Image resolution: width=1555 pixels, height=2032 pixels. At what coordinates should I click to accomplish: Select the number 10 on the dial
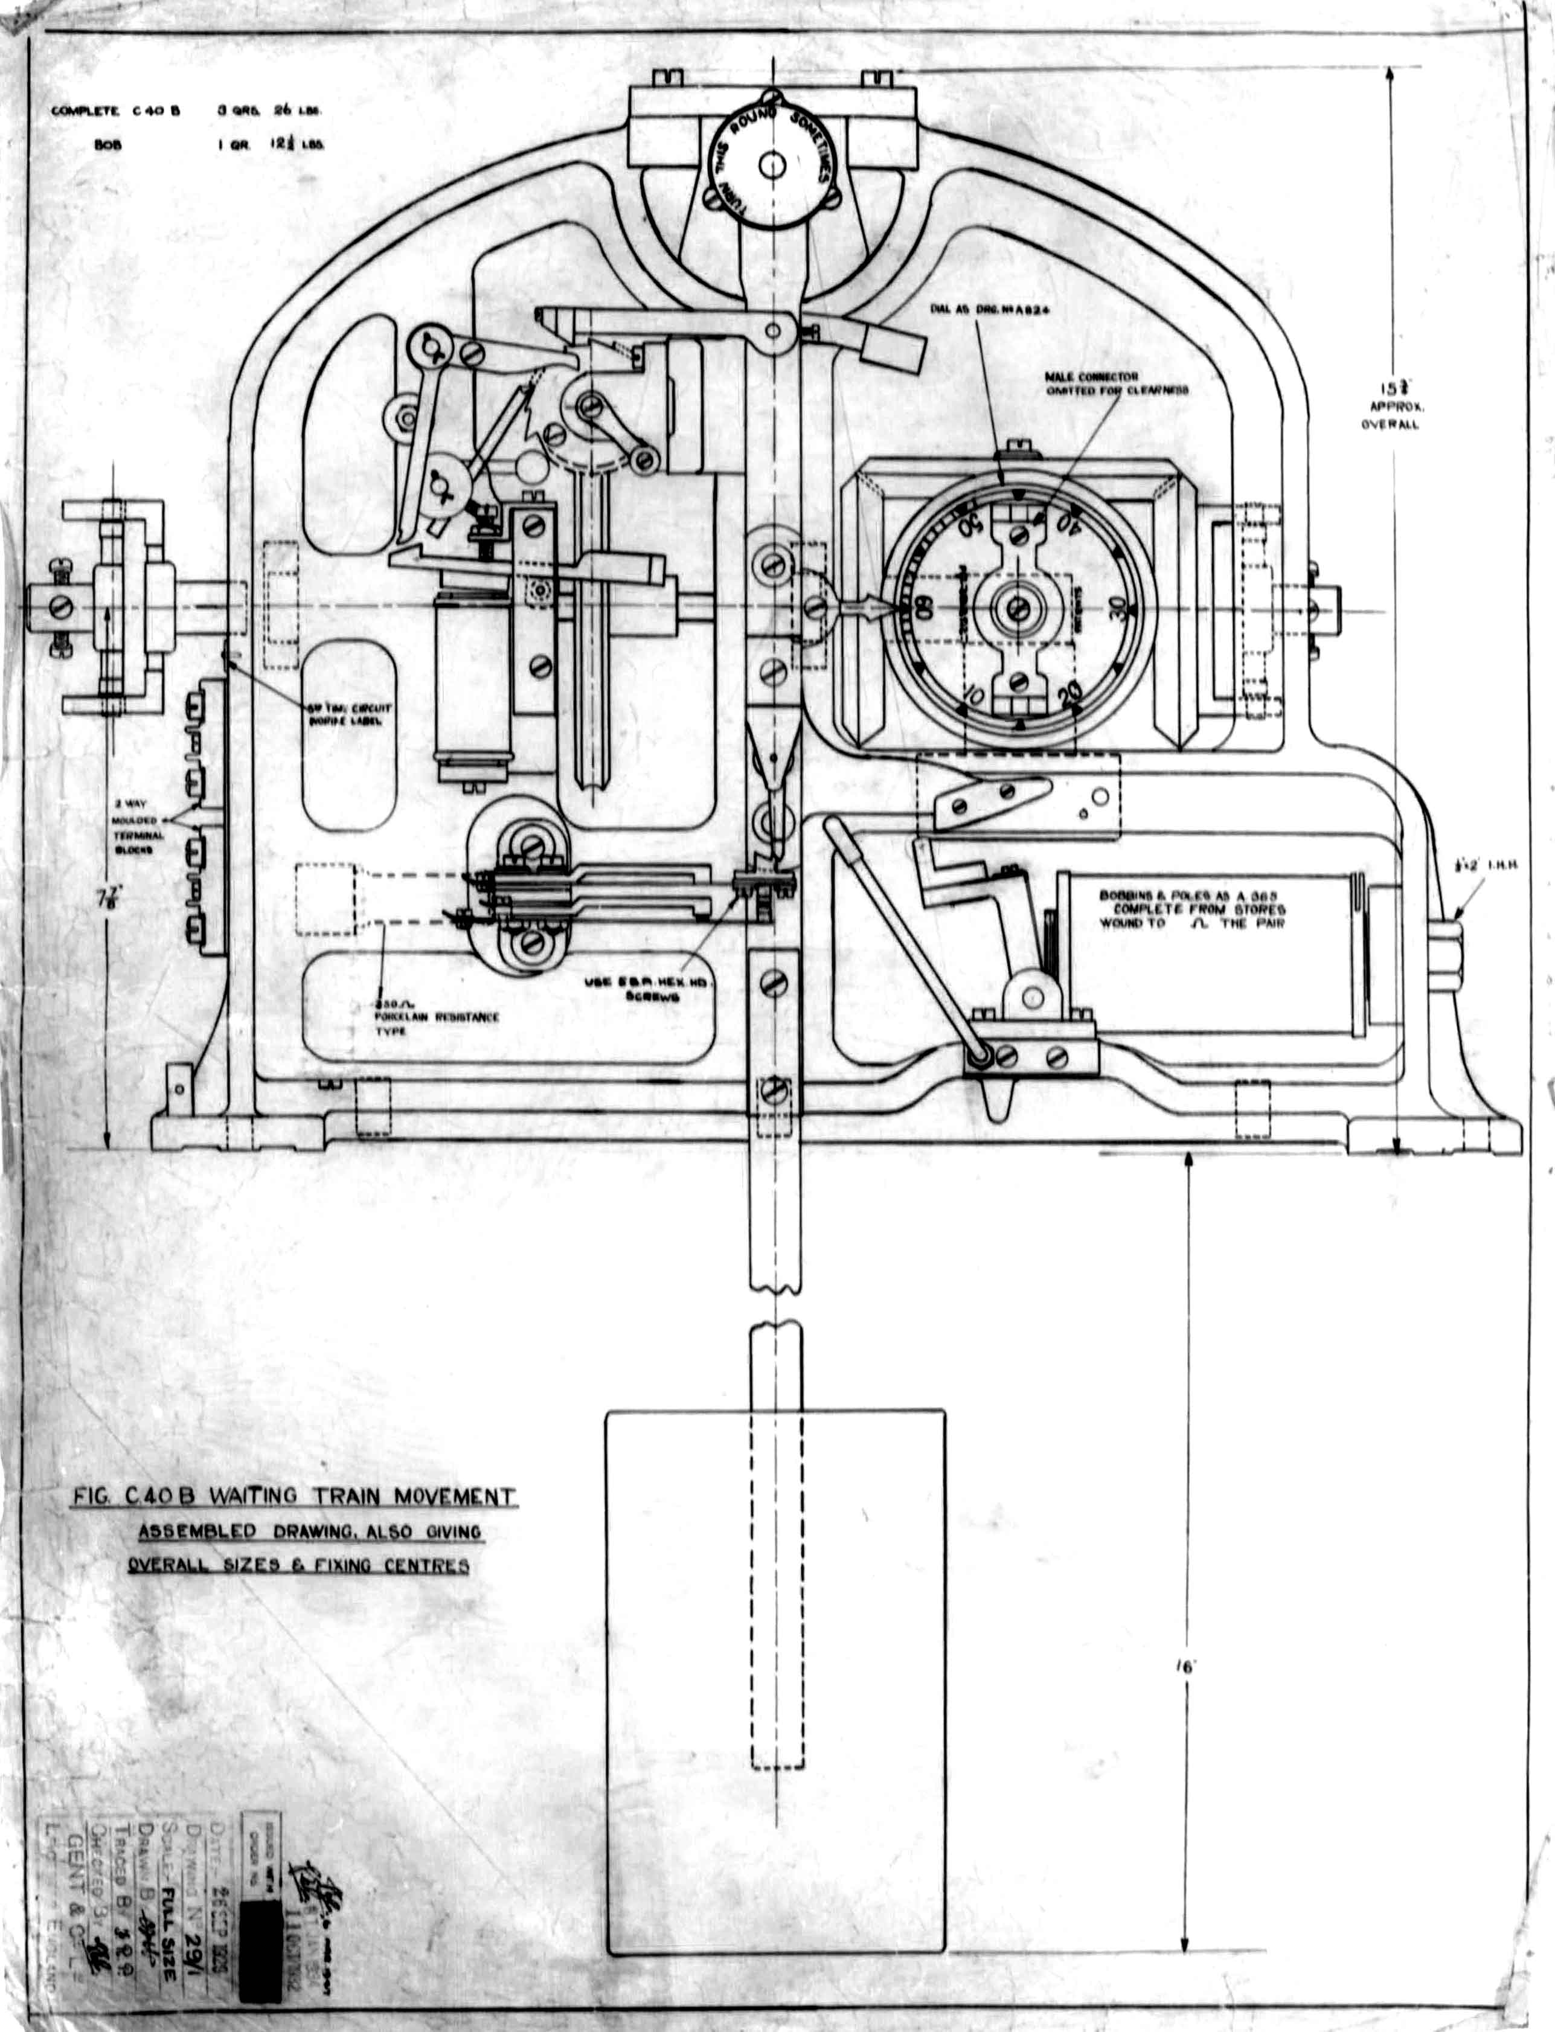pyautogui.click(x=972, y=693)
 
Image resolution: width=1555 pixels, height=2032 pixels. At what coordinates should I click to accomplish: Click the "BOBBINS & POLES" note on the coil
pyautogui.click(x=1191, y=909)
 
